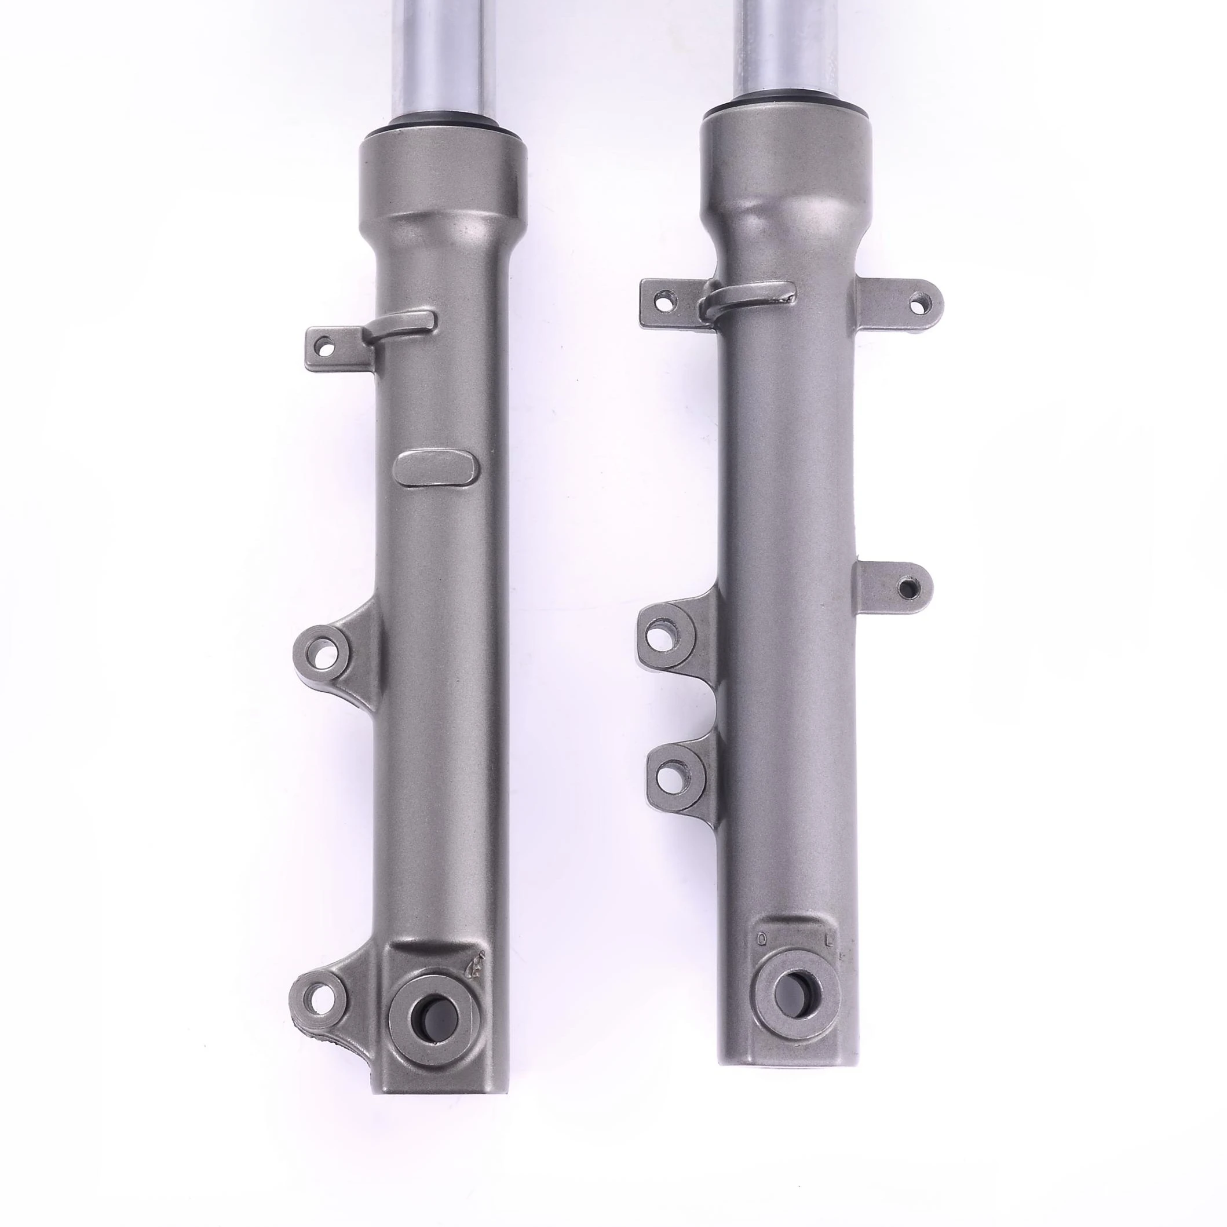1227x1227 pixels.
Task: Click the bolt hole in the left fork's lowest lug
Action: coord(316,1010)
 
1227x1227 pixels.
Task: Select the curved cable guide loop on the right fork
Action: coord(750,298)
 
